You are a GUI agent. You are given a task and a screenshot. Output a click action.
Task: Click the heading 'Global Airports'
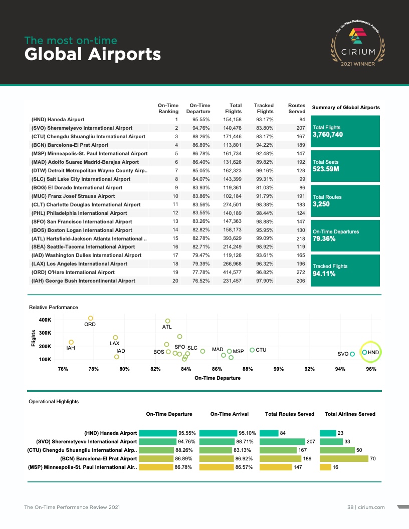tap(93, 54)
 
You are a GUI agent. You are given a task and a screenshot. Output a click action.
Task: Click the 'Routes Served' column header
tap(297, 108)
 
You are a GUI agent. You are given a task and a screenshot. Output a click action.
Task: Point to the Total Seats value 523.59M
tap(326, 169)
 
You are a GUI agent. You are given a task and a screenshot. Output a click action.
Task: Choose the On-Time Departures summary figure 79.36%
tap(324, 239)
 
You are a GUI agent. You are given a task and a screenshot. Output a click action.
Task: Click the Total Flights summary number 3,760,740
tap(328, 135)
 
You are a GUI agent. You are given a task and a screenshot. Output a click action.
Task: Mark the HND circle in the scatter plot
tap(364, 353)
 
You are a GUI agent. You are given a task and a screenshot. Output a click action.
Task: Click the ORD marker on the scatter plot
tap(91, 318)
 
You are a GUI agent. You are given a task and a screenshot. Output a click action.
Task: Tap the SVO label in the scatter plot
tap(343, 354)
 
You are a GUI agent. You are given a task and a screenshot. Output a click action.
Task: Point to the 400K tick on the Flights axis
tap(46, 320)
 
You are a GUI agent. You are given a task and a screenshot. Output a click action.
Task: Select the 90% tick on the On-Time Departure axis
tap(278, 369)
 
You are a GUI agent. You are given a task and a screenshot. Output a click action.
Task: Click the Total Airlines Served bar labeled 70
tap(343, 458)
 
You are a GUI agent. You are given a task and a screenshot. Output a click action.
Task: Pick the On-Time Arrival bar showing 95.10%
tap(218, 433)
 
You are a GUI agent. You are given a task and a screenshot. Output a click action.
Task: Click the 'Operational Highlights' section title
tap(54, 401)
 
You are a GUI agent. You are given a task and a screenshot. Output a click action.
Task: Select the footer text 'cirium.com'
tap(371, 507)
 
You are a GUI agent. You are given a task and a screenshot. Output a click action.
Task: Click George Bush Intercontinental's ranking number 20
tap(175, 281)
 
